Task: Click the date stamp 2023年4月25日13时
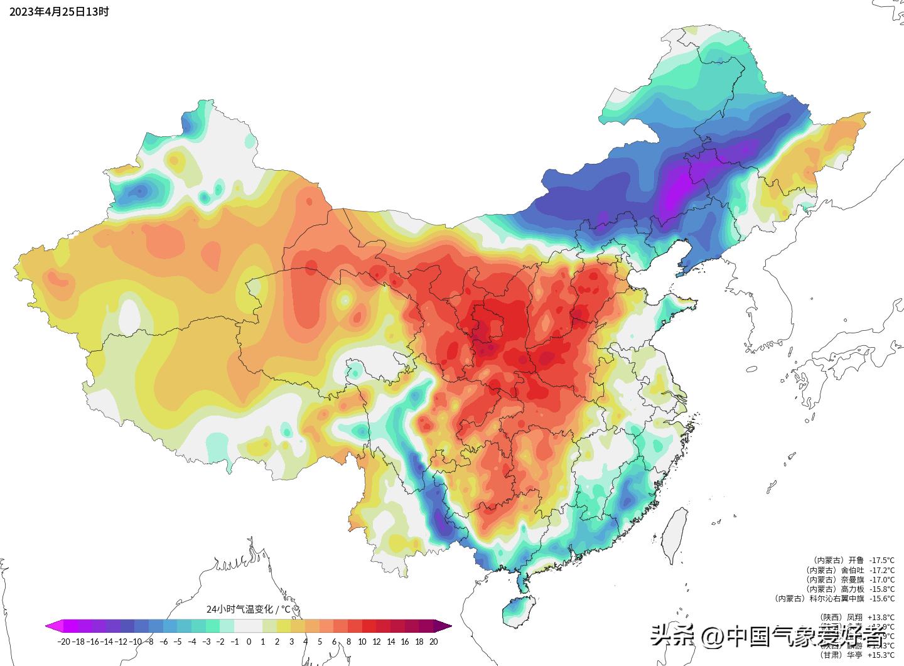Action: pyautogui.click(x=59, y=11)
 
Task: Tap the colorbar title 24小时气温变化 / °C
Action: pyautogui.click(x=249, y=609)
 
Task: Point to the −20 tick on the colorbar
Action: pyautogui.click(x=63, y=642)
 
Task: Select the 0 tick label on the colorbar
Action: pyautogui.click(x=249, y=642)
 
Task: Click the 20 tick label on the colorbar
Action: pyautogui.click(x=433, y=642)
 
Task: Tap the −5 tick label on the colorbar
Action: pyautogui.click(x=178, y=642)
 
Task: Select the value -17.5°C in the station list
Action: pyautogui.click(x=882, y=561)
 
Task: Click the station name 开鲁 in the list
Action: pyautogui.click(x=856, y=561)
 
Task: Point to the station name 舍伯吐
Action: pyautogui.click(x=852, y=570)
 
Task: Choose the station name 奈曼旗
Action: pyautogui.click(x=852, y=579)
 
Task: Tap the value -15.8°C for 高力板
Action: pyautogui.click(x=882, y=589)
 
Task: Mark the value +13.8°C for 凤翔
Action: pyautogui.click(x=882, y=617)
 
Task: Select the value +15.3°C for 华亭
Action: pyautogui.click(x=882, y=655)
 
